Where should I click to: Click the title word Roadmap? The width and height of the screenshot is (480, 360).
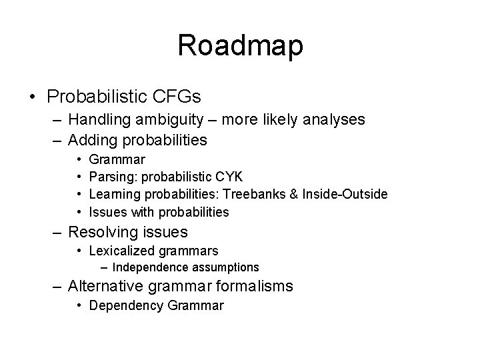tap(240, 46)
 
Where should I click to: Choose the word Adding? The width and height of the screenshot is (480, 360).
tap(92, 140)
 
